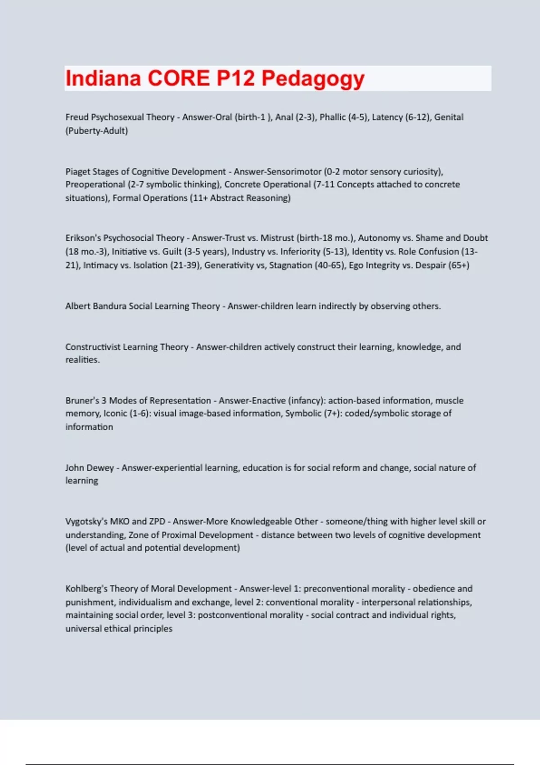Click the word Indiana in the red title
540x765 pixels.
(x=103, y=78)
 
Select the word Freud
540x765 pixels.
(x=77, y=117)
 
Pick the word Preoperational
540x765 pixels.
(x=95, y=184)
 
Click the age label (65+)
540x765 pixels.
(x=459, y=265)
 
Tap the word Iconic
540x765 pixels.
(x=115, y=414)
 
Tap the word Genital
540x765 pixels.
(x=449, y=117)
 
